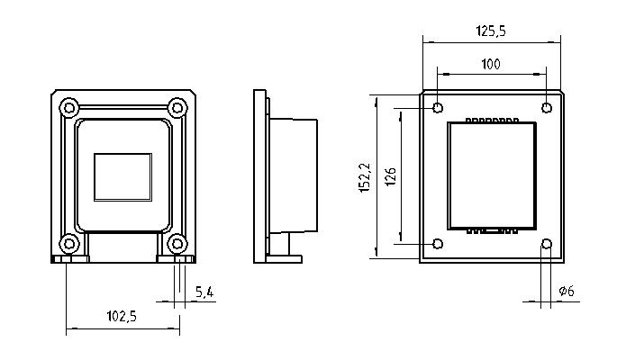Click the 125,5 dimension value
tap(491, 31)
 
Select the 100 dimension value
tap(491, 64)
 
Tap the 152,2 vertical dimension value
tap(365, 177)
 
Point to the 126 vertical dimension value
tap(390, 176)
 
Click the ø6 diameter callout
tap(567, 291)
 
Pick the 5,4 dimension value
tap(204, 292)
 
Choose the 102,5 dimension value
tap(122, 317)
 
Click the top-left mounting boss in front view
tap(69, 108)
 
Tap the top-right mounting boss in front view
tap(177, 108)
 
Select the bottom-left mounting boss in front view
tap(69, 244)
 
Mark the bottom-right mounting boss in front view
tap(177, 244)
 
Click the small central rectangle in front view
tap(123, 176)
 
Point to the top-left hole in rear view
tap(438, 108)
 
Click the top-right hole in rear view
tap(547, 108)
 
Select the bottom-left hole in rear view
tap(438, 244)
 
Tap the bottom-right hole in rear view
tap(547, 244)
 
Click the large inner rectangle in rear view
tap(492, 175)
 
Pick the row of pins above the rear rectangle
tap(492, 120)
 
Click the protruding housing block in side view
tap(294, 175)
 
